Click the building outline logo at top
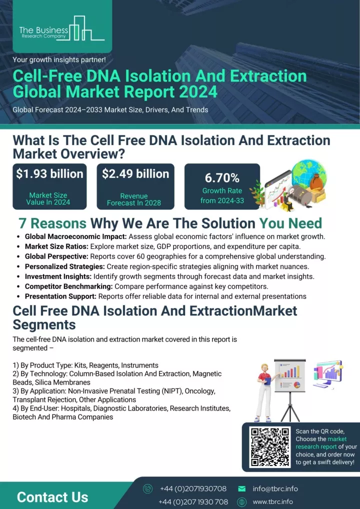86,28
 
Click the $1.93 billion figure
49,173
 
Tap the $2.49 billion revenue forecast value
135,173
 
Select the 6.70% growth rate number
222,178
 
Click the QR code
270,446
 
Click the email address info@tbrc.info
275,488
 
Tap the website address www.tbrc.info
272,501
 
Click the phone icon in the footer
147,488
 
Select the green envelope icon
241,488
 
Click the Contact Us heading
52,497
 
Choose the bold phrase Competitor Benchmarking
69,286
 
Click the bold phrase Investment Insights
58,276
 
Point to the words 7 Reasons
52,223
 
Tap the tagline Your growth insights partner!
59,59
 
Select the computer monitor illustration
327,374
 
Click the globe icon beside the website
242,502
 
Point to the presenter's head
264,368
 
